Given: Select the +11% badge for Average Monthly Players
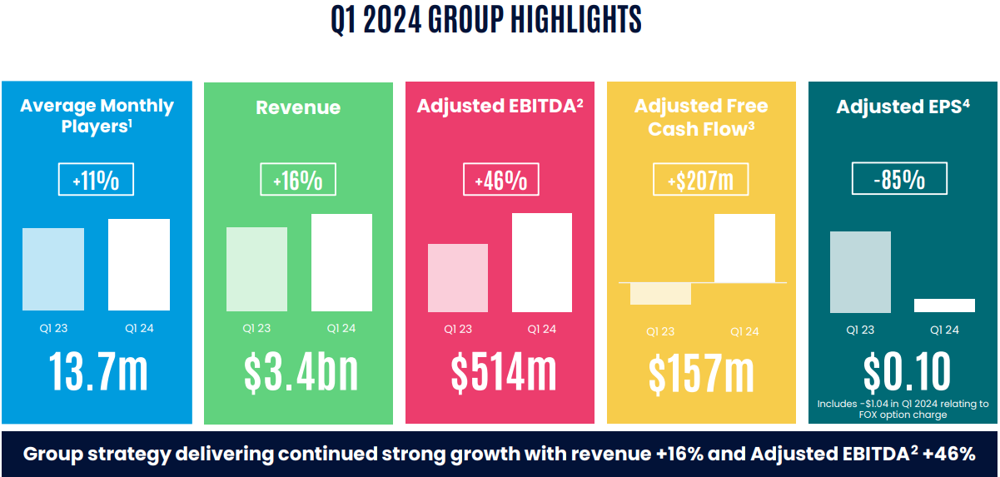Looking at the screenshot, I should tap(96, 179).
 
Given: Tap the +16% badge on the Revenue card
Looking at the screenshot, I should tap(297, 179).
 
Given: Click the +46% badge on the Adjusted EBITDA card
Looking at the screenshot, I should tap(500, 179).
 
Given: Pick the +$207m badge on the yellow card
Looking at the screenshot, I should tap(701, 179).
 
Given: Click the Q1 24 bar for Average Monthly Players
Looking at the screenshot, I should tap(139, 265).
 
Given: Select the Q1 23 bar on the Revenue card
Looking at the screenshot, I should tap(256, 270).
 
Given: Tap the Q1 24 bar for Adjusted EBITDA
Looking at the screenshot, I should tap(542, 262).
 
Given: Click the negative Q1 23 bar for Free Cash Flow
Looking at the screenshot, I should tap(661, 293).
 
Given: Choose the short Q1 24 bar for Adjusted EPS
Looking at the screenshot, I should tap(944, 306).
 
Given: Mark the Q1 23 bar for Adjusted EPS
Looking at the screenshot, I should tap(860, 272).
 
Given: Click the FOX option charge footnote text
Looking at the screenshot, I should tap(903, 409).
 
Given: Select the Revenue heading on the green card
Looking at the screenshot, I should tap(298, 107).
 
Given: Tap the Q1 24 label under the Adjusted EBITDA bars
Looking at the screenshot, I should tap(543, 329).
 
